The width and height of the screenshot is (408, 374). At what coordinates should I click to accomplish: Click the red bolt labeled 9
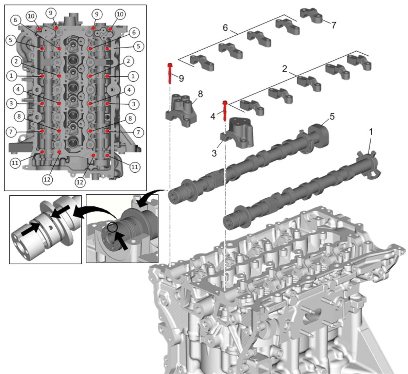tap(170, 73)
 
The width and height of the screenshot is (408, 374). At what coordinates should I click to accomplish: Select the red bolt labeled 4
tap(225, 111)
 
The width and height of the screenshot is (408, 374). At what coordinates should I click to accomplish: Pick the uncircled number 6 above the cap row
tap(225, 28)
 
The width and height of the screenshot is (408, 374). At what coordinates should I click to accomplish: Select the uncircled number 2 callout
tap(285, 69)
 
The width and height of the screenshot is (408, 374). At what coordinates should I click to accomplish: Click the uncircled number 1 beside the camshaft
tap(371, 132)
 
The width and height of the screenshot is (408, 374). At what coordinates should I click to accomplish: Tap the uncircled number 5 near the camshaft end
tap(332, 117)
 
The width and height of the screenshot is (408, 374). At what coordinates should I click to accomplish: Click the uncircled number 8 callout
tap(200, 94)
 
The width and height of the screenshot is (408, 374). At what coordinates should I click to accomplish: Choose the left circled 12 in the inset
tap(47, 180)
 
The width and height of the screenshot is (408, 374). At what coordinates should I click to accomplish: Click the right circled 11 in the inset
tap(135, 167)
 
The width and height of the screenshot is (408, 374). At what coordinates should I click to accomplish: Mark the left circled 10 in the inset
tap(31, 16)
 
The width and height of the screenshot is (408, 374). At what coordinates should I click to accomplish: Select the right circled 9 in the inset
tap(97, 14)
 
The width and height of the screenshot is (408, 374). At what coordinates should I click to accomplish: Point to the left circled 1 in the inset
tap(11, 76)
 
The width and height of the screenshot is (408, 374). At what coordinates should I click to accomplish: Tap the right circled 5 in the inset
tap(138, 46)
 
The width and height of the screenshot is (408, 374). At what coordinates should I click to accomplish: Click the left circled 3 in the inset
tap(11, 104)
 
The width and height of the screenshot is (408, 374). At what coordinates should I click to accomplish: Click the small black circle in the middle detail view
tap(113, 227)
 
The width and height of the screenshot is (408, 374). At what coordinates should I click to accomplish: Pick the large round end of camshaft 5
tap(319, 135)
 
